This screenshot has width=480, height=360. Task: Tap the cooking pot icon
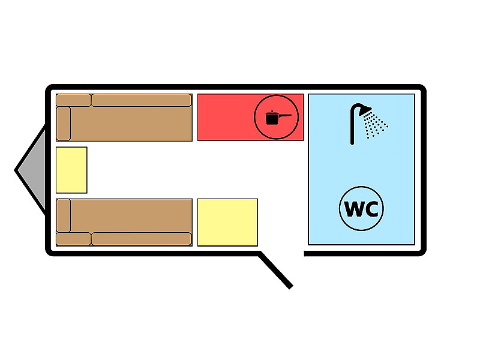pos(273,118)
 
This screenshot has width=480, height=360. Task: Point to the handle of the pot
pos(285,115)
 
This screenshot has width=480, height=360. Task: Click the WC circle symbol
pos(361,210)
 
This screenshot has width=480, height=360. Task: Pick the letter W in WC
pos(353,210)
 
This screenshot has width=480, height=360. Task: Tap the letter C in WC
pos(370,210)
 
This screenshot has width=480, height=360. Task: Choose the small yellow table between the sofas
pos(71,170)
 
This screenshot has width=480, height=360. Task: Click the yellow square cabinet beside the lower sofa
pos(227,222)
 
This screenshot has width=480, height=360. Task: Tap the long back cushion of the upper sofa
pos(141,100)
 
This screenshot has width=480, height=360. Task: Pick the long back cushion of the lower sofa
pos(141,239)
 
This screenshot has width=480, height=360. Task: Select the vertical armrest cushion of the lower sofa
pos(64,215)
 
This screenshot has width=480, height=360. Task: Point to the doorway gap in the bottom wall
pos(282,253)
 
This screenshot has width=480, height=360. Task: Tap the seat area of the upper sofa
pos(132,124)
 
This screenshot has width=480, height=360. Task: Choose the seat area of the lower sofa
pos(132,215)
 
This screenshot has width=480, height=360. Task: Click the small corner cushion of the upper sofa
pos(73,100)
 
